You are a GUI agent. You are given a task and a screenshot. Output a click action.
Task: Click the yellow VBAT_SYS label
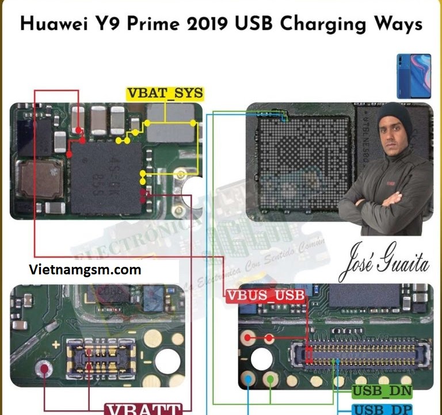click(165, 93)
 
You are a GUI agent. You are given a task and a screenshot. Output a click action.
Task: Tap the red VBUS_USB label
click(265, 296)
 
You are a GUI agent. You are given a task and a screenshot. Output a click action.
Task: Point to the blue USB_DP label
click(382, 409)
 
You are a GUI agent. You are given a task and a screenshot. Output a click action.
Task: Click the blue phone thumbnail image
click(413, 76)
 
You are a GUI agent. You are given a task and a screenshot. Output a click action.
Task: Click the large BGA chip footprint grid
click(303, 161)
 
